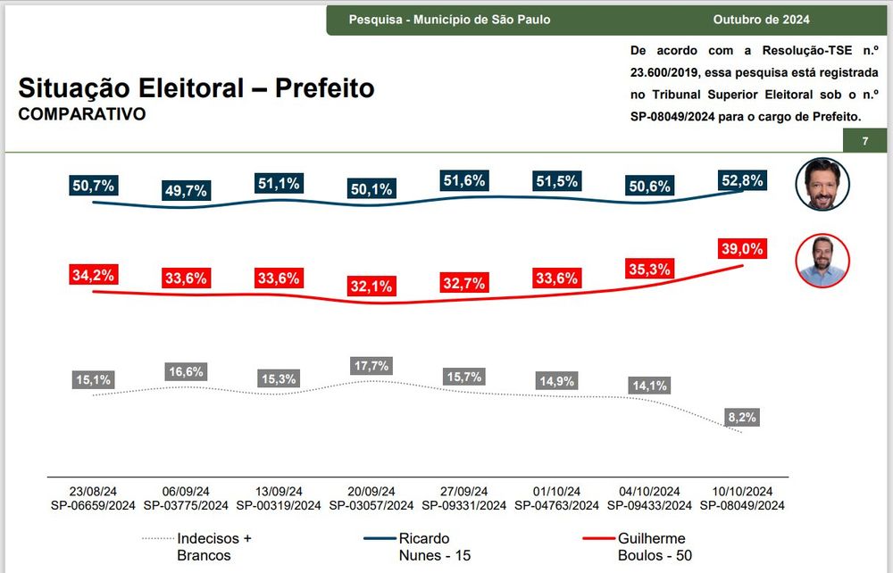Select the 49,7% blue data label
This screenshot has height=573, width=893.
pos(186,190)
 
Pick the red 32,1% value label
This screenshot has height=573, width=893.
pos(371,287)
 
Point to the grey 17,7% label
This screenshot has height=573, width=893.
pos(371,366)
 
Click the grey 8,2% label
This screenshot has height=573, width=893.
pos(742,417)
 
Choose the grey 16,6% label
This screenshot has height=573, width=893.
pos(186,371)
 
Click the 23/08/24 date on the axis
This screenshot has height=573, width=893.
pos(93,492)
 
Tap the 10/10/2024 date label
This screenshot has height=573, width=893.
pos(741,492)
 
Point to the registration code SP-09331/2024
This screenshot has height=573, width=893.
pos(463,505)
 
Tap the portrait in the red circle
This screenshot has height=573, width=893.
pos(822,261)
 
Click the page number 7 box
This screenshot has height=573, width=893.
pos(864,142)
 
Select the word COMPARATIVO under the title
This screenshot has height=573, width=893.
pos(81,114)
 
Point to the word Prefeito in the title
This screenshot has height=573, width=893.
pos(324,88)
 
